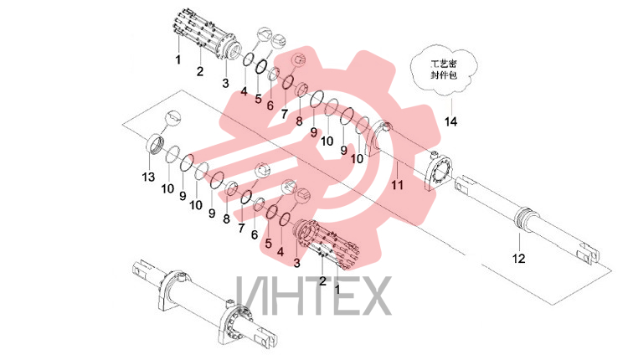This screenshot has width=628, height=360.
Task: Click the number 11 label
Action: click(397, 185)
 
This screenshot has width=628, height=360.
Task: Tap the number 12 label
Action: click(518, 259)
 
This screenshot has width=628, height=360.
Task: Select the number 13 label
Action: click(148, 177)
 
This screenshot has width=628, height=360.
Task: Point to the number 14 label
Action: click(450, 121)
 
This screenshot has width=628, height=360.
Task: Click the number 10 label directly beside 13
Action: click(167, 188)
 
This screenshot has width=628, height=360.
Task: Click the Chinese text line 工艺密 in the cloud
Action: click(443, 64)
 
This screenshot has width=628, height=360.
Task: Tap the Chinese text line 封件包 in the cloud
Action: click(443, 75)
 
